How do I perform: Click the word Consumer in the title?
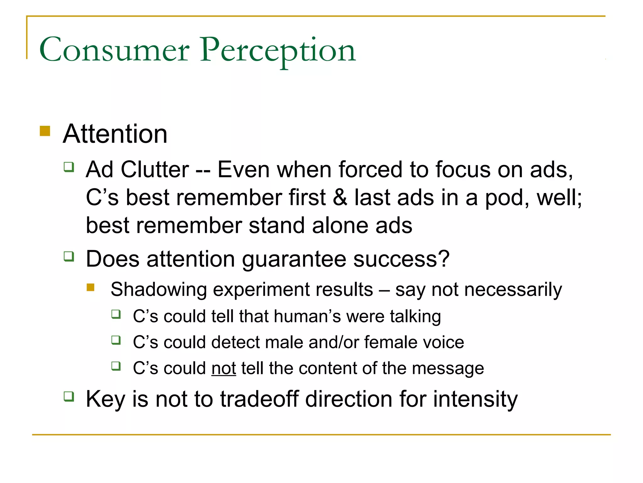click(114, 50)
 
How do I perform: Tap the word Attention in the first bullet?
click(115, 134)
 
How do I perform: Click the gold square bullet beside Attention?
click(45, 131)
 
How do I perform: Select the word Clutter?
click(155, 170)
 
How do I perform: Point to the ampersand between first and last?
click(340, 198)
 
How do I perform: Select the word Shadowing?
click(159, 290)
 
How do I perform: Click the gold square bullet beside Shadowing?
click(91, 287)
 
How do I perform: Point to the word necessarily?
click(513, 290)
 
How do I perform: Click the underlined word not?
click(224, 368)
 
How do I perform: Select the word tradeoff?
click(259, 399)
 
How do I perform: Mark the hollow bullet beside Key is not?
click(69, 396)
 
